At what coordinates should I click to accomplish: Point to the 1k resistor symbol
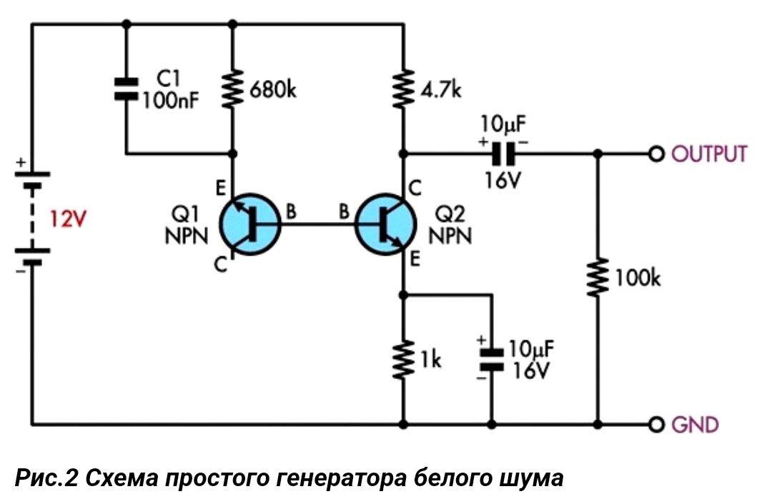click(x=404, y=359)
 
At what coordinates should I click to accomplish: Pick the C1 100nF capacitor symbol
click(x=127, y=88)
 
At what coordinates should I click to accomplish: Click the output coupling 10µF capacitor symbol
click(x=505, y=153)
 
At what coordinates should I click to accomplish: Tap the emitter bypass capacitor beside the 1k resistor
click(x=492, y=358)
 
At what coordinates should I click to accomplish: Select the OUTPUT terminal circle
click(x=655, y=153)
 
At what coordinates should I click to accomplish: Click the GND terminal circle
click(x=655, y=424)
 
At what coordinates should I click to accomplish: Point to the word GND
click(x=694, y=424)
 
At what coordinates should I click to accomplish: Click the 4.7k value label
click(x=442, y=91)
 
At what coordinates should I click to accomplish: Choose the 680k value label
click(x=272, y=91)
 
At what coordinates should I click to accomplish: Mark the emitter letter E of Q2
click(x=415, y=261)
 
